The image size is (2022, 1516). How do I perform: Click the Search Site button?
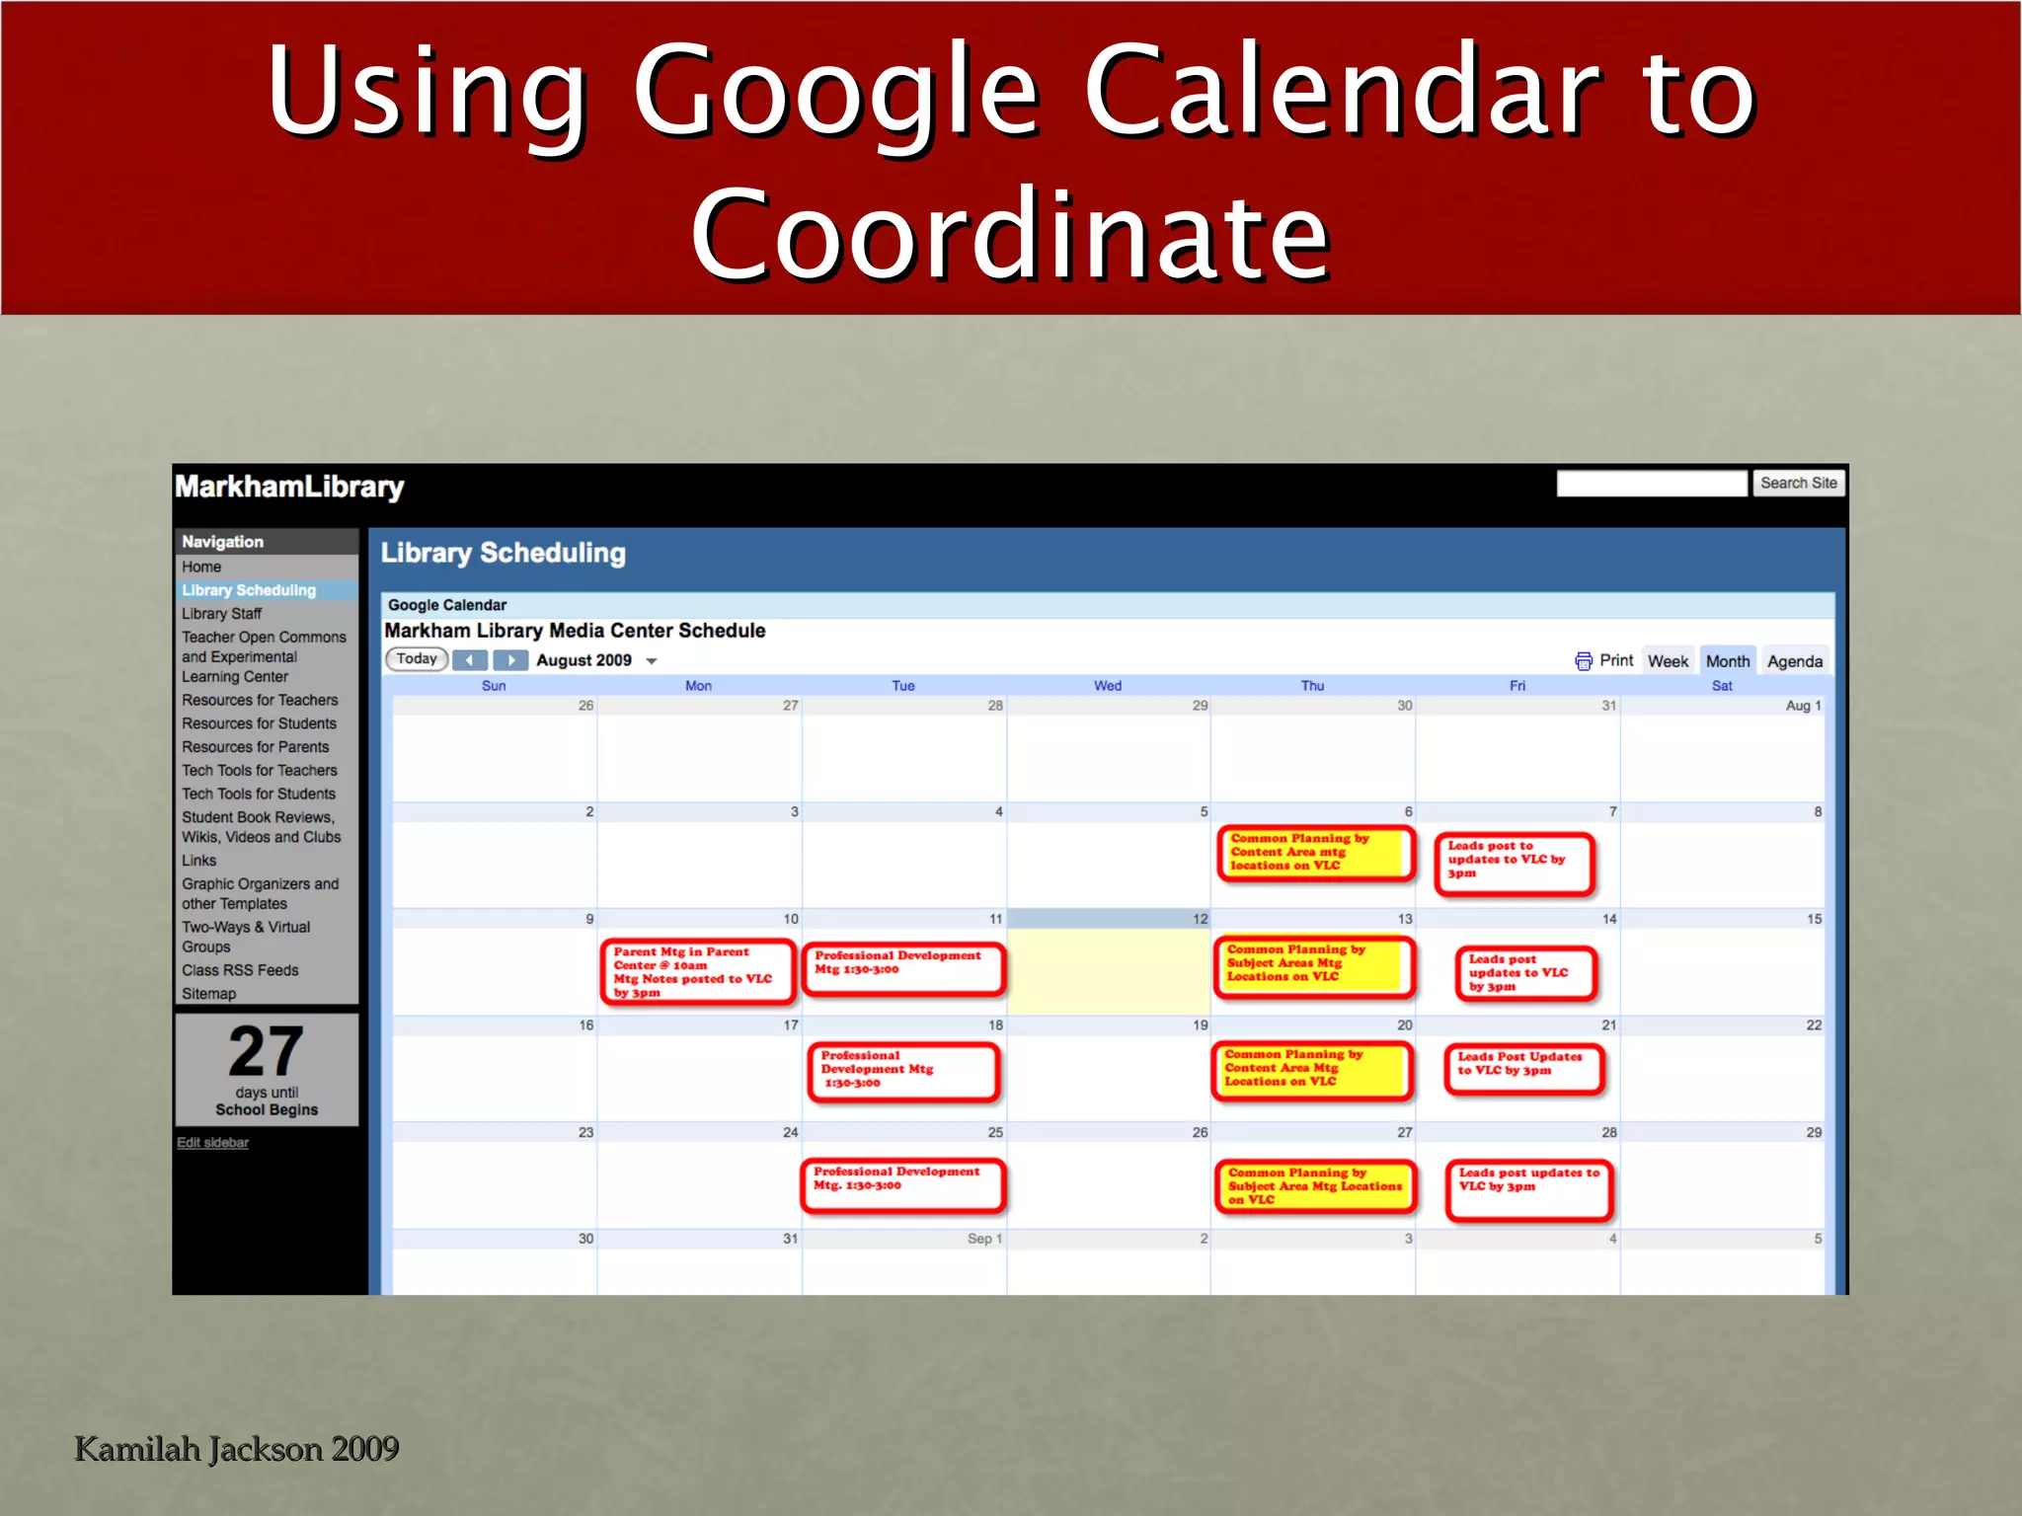(x=1798, y=483)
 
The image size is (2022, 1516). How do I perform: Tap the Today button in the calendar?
(x=417, y=659)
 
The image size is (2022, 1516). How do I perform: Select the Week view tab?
(x=1668, y=661)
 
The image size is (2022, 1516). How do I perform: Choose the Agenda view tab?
(x=1794, y=661)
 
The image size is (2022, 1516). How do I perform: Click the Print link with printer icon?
(x=1604, y=660)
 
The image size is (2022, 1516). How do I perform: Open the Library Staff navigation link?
(x=221, y=614)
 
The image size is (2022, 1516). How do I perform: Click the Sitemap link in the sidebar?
(x=208, y=994)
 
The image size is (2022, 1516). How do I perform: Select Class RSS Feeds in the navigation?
(x=240, y=970)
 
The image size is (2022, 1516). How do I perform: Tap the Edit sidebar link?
(x=212, y=1143)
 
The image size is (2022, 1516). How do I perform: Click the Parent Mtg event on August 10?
(x=697, y=972)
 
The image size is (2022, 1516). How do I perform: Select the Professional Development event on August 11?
(x=903, y=967)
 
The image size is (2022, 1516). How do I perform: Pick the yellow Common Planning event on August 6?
(x=1315, y=852)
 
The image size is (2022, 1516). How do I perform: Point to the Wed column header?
(x=1108, y=686)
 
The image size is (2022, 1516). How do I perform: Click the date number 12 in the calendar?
(x=1200, y=919)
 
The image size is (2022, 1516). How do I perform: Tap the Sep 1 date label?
(x=984, y=1239)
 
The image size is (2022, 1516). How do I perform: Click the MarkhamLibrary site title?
(x=289, y=487)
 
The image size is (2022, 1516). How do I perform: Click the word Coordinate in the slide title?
(x=1010, y=235)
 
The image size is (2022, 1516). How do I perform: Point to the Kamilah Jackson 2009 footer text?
(x=237, y=1449)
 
